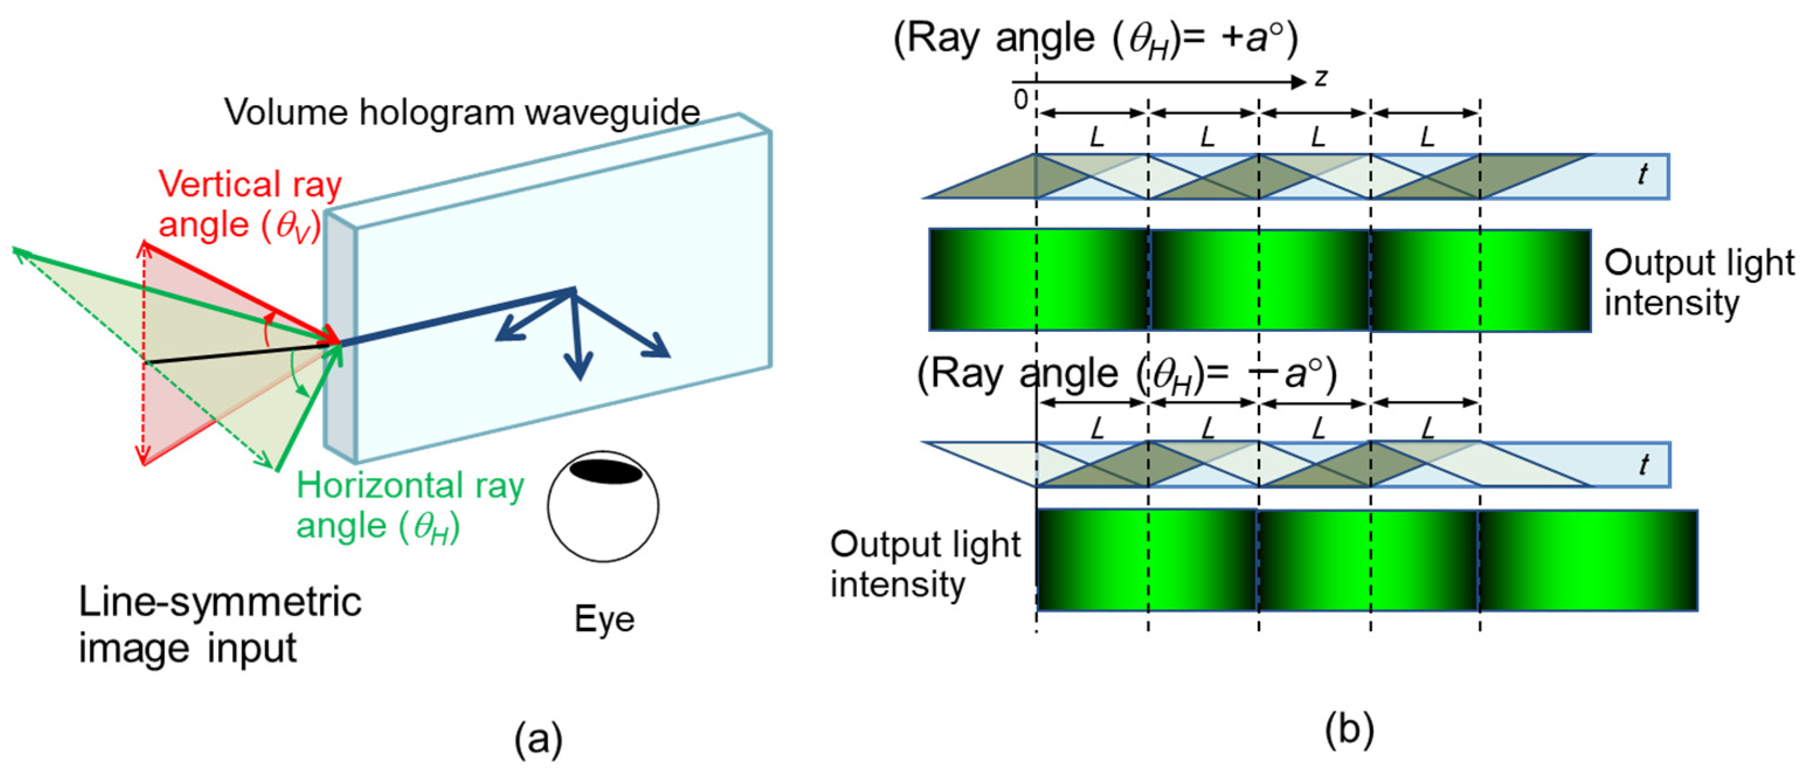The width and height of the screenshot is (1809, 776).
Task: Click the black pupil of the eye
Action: (x=606, y=470)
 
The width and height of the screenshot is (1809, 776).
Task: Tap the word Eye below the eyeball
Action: (x=604, y=619)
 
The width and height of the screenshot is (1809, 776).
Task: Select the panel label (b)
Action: (x=1348, y=730)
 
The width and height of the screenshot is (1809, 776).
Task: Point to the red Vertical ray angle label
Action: (x=250, y=205)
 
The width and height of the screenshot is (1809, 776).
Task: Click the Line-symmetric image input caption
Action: (x=219, y=623)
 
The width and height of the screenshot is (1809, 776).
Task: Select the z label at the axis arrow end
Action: (x=1321, y=78)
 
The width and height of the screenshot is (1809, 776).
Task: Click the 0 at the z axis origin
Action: (x=1021, y=100)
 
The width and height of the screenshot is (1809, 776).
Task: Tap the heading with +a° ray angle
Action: (x=1095, y=39)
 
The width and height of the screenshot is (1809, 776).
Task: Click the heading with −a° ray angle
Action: (x=1126, y=375)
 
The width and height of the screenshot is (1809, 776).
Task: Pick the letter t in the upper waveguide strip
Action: (x=1642, y=174)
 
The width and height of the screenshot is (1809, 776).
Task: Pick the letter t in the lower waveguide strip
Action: (x=1643, y=463)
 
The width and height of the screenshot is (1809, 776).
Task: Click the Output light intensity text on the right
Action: (x=1698, y=282)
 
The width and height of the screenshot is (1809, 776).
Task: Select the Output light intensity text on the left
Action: (x=924, y=564)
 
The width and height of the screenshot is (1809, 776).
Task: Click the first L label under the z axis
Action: (x=1097, y=136)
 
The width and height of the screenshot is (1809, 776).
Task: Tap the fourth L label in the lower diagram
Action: (x=1427, y=427)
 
